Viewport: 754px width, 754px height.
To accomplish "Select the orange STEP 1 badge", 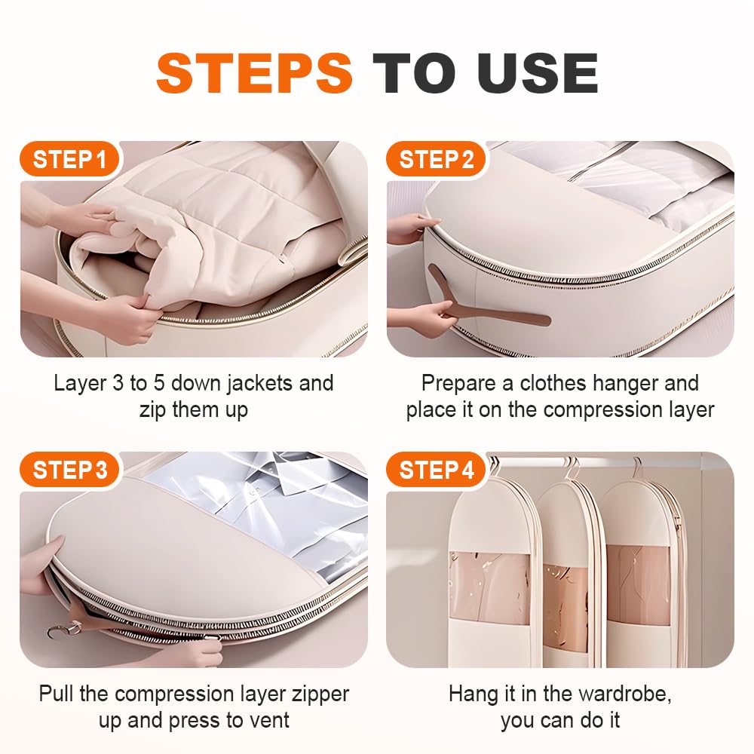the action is pyautogui.click(x=69, y=159).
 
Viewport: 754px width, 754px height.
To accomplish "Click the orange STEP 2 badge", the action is pyautogui.click(x=436, y=159).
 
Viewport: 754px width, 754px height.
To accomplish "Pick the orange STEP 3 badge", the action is pyautogui.click(x=69, y=470).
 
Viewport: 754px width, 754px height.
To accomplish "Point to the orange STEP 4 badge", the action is pyautogui.click(x=436, y=470).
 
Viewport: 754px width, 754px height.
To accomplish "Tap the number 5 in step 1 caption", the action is pyautogui.click(x=159, y=383).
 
